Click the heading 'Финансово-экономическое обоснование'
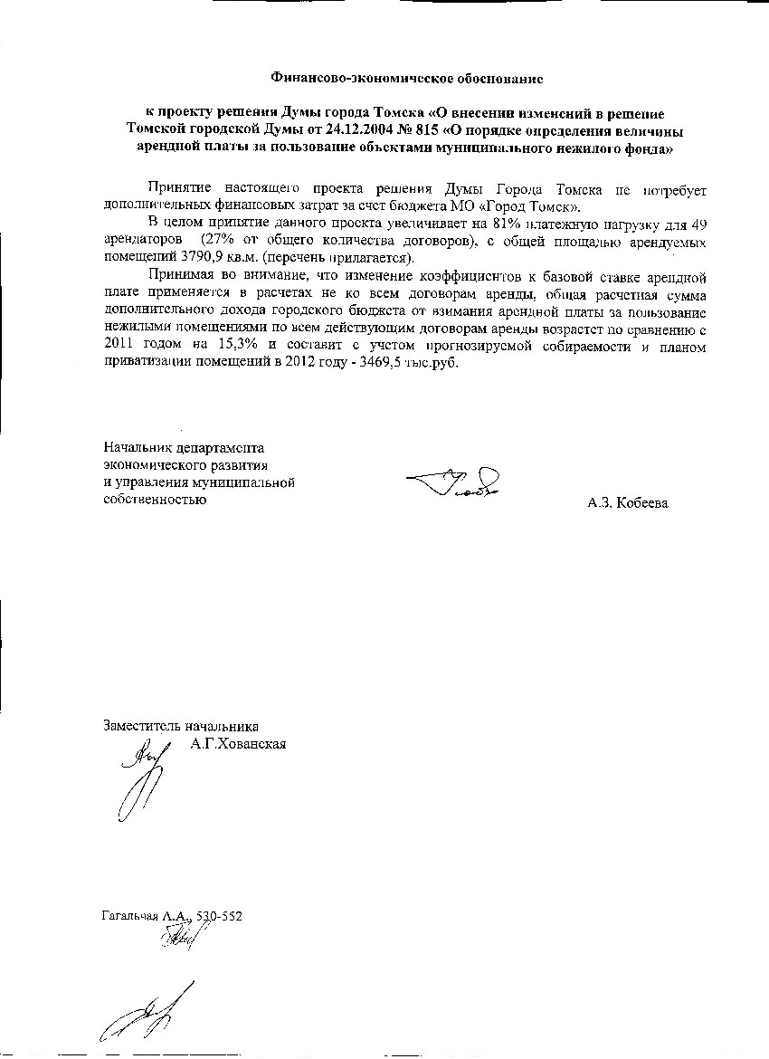coord(407,79)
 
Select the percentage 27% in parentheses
coord(216,243)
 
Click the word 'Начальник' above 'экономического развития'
coord(134,447)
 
